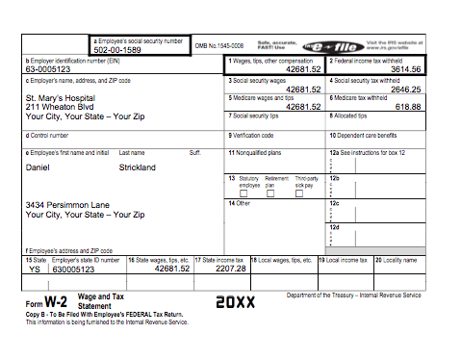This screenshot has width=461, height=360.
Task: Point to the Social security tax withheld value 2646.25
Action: point(404,88)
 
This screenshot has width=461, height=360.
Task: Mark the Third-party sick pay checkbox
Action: point(303,193)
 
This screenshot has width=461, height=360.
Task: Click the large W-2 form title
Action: point(53,301)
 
